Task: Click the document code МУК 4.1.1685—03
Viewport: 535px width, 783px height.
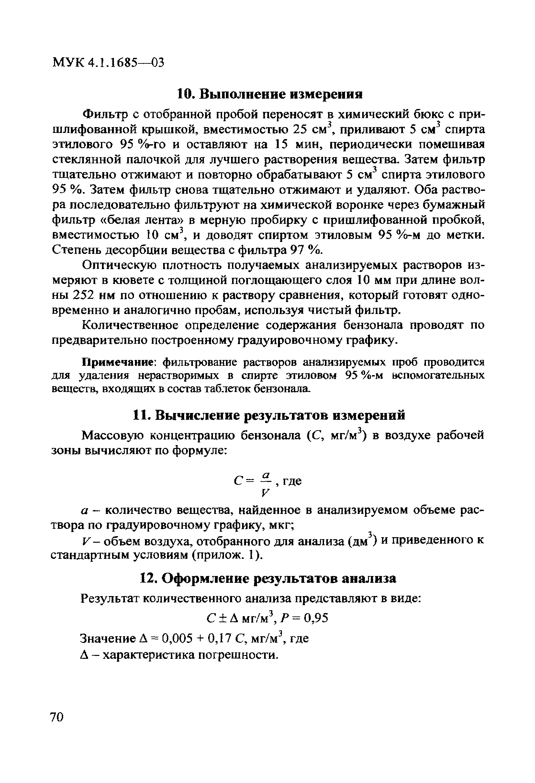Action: [x=108, y=63]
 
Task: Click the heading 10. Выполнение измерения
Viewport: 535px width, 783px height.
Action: [x=270, y=94]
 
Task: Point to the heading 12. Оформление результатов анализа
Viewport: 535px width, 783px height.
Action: [x=268, y=579]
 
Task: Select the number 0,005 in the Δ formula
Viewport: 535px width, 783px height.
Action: [x=177, y=638]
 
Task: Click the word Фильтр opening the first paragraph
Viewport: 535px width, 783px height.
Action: [x=106, y=115]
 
